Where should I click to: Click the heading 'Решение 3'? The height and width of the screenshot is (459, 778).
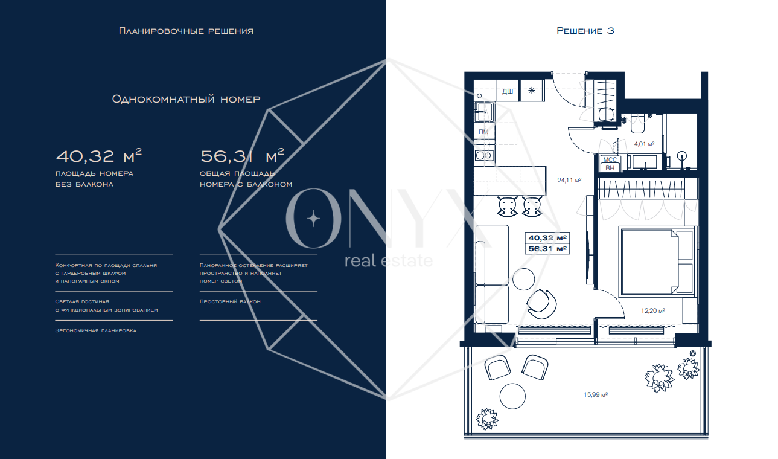pyautogui.click(x=585, y=31)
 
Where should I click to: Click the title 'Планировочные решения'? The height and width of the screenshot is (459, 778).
pyautogui.click(x=186, y=31)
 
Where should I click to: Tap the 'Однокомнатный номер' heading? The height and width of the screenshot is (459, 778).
pyautogui.click(x=186, y=100)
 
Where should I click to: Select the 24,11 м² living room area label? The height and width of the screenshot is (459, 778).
pyautogui.click(x=569, y=181)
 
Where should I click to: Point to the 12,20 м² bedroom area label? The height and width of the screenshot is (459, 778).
pyautogui.click(x=653, y=310)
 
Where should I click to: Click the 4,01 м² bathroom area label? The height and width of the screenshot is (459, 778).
pyautogui.click(x=644, y=144)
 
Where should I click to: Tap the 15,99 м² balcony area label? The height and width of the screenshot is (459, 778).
pyautogui.click(x=596, y=395)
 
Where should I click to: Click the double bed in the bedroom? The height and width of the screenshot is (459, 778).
pyautogui.click(x=657, y=262)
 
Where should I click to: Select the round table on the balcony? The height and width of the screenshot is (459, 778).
pyautogui.click(x=512, y=396)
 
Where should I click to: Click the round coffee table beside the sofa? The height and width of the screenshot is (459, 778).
pyautogui.click(x=524, y=279)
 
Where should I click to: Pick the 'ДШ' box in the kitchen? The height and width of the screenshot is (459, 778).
pyautogui.click(x=508, y=91)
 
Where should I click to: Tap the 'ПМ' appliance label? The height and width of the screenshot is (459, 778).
pyautogui.click(x=483, y=132)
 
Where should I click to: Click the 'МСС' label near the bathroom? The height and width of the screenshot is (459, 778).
pyautogui.click(x=610, y=160)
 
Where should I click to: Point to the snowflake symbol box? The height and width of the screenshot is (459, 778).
pyautogui.click(x=531, y=91)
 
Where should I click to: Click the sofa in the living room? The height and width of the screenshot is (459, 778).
pyautogui.click(x=492, y=275)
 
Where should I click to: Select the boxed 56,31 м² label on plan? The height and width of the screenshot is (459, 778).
pyautogui.click(x=547, y=249)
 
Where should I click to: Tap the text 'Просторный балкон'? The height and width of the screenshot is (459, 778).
pyautogui.click(x=230, y=301)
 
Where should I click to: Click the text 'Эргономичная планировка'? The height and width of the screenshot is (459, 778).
pyautogui.click(x=96, y=330)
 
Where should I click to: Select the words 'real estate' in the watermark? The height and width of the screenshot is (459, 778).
pyautogui.click(x=389, y=260)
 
